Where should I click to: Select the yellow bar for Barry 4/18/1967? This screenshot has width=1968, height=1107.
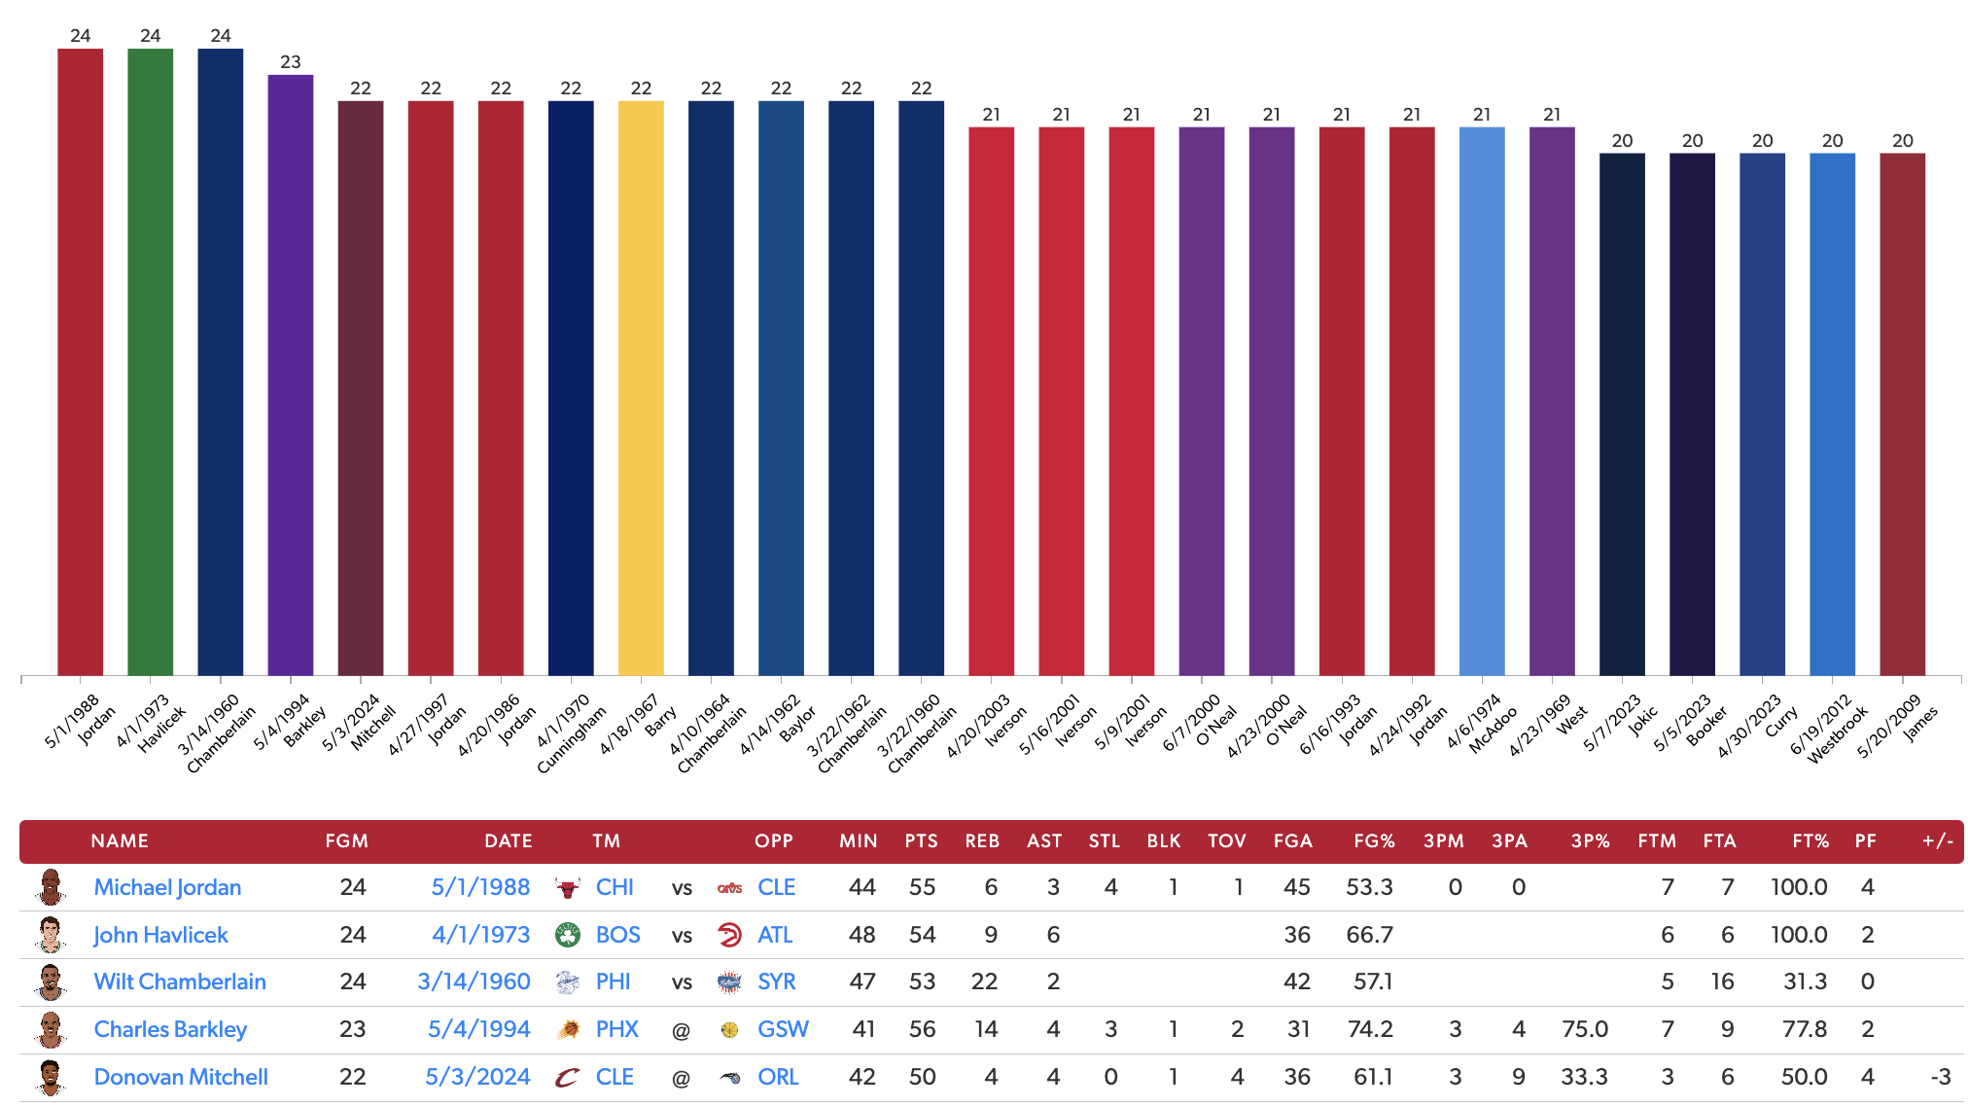641,388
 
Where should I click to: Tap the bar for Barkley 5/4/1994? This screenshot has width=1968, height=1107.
291,375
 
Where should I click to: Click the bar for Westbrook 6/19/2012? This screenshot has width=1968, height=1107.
1832,414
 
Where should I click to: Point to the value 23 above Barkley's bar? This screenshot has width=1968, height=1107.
291,62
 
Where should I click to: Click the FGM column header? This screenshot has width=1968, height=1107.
346,841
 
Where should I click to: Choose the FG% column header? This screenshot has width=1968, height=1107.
1374,841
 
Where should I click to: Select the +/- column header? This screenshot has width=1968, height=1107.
1937,841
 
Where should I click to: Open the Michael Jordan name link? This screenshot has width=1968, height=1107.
167,887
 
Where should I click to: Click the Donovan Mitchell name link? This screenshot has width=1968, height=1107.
181,1077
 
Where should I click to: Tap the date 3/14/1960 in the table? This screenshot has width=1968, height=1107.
474,982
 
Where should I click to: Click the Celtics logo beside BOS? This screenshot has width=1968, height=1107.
568,935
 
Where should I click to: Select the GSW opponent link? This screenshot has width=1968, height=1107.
783,1029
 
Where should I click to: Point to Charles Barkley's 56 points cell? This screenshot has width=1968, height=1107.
922,1029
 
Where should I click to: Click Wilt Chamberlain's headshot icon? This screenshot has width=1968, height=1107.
51,982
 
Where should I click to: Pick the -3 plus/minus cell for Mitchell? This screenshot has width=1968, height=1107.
1940,1077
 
